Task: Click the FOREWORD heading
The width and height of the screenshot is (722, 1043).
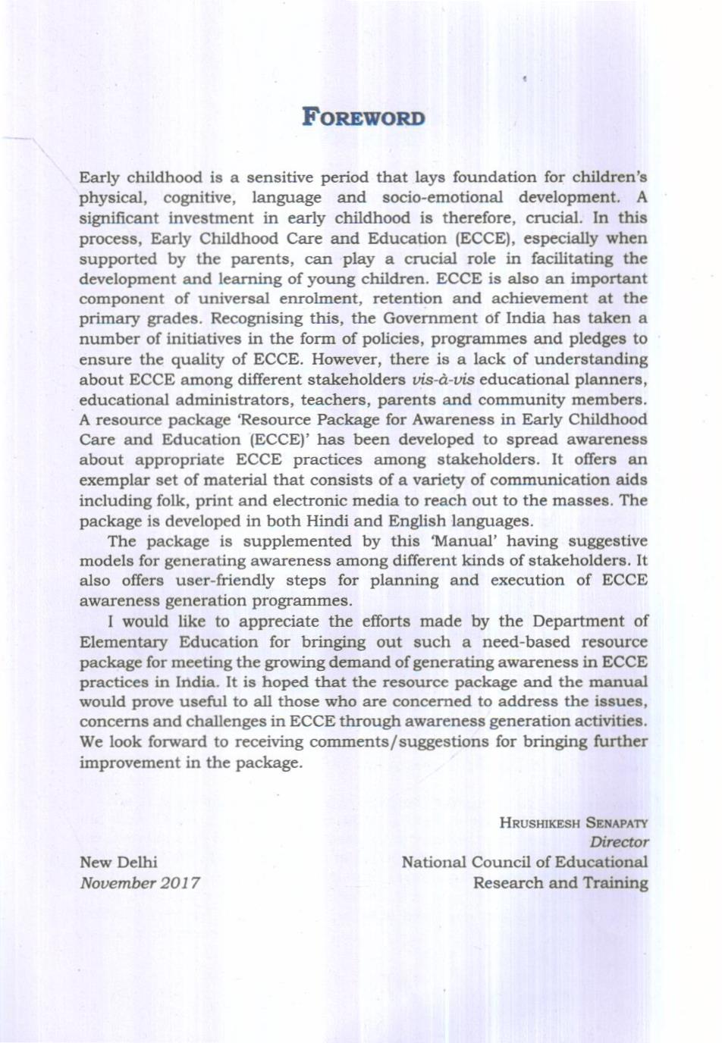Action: [363, 117]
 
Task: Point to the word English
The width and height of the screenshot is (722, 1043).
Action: [417, 521]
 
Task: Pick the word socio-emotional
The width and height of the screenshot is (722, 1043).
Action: [442, 197]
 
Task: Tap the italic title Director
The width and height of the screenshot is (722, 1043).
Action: [619, 842]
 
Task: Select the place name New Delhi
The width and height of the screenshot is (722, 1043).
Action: [118, 862]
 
